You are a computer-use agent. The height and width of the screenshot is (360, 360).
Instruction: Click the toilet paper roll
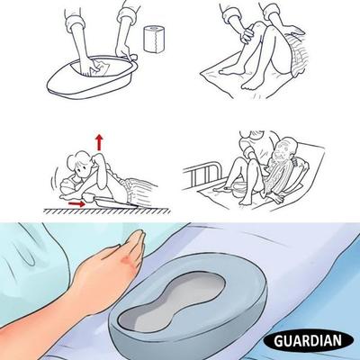point(155,39)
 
